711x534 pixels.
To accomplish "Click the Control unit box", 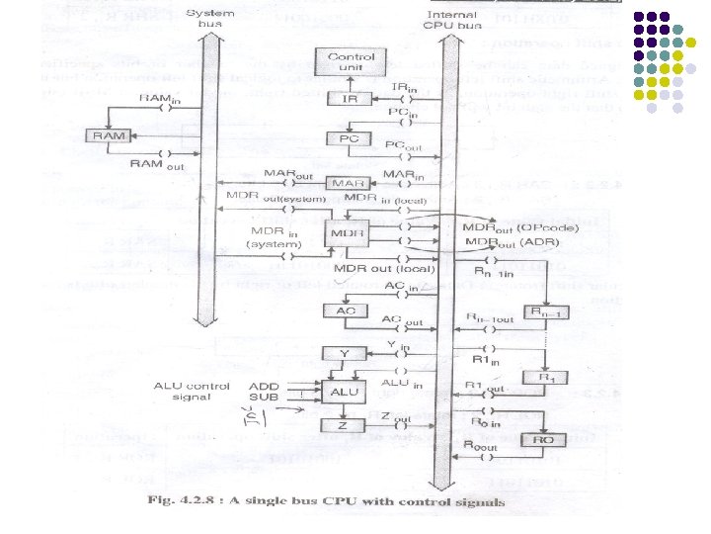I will pos(352,62).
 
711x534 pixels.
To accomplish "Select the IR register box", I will pos(349,100).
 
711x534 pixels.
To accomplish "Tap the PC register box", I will pos(349,138).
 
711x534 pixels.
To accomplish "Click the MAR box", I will pos(349,184).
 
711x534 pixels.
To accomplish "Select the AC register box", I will pos(346,311).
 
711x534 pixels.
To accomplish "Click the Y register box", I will pos(345,352).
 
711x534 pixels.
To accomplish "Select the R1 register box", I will pos(542,377).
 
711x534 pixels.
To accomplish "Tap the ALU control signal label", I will pos(193,392).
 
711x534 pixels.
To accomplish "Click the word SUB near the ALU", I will pos(264,398).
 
